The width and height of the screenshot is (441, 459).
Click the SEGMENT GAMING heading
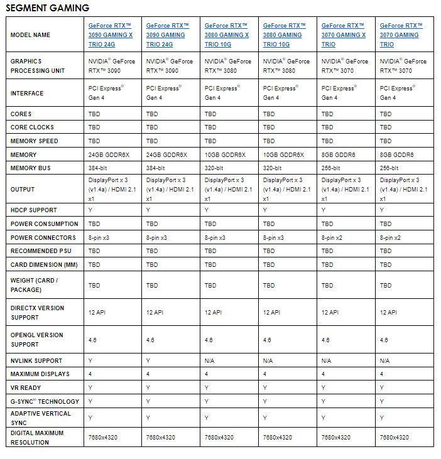click(x=48, y=8)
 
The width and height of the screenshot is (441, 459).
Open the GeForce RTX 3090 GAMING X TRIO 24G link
click(x=111, y=35)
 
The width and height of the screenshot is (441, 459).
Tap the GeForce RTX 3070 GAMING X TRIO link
click(x=344, y=35)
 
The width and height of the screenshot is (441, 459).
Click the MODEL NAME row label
click(x=30, y=35)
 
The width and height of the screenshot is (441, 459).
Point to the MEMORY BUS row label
click(x=30, y=168)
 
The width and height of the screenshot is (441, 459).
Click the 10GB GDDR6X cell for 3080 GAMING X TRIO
click(x=225, y=155)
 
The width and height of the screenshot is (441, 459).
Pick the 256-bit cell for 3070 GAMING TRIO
click(x=389, y=168)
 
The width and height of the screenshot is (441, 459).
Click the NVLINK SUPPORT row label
click(x=36, y=360)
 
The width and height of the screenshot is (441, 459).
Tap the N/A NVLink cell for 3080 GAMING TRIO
click(x=268, y=360)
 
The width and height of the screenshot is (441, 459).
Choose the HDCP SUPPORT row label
click(x=34, y=210)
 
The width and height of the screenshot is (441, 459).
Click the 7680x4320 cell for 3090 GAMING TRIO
click(x=160, y=438)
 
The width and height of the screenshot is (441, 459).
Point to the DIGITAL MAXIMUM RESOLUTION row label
click(x=37, y=438)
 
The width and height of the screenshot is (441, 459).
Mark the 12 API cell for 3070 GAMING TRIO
click(x=388, y=312)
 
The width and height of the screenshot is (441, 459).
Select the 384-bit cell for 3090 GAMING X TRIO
click(x=97, y=168)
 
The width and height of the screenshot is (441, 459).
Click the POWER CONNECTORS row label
click(x=43, y=238)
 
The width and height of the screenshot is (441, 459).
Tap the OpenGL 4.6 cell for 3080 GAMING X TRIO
click(x=209, y=340)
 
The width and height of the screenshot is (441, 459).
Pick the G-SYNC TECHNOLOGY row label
click(x=45, y=401)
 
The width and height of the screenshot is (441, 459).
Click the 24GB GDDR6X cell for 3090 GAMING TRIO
click(x=166, y=155)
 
